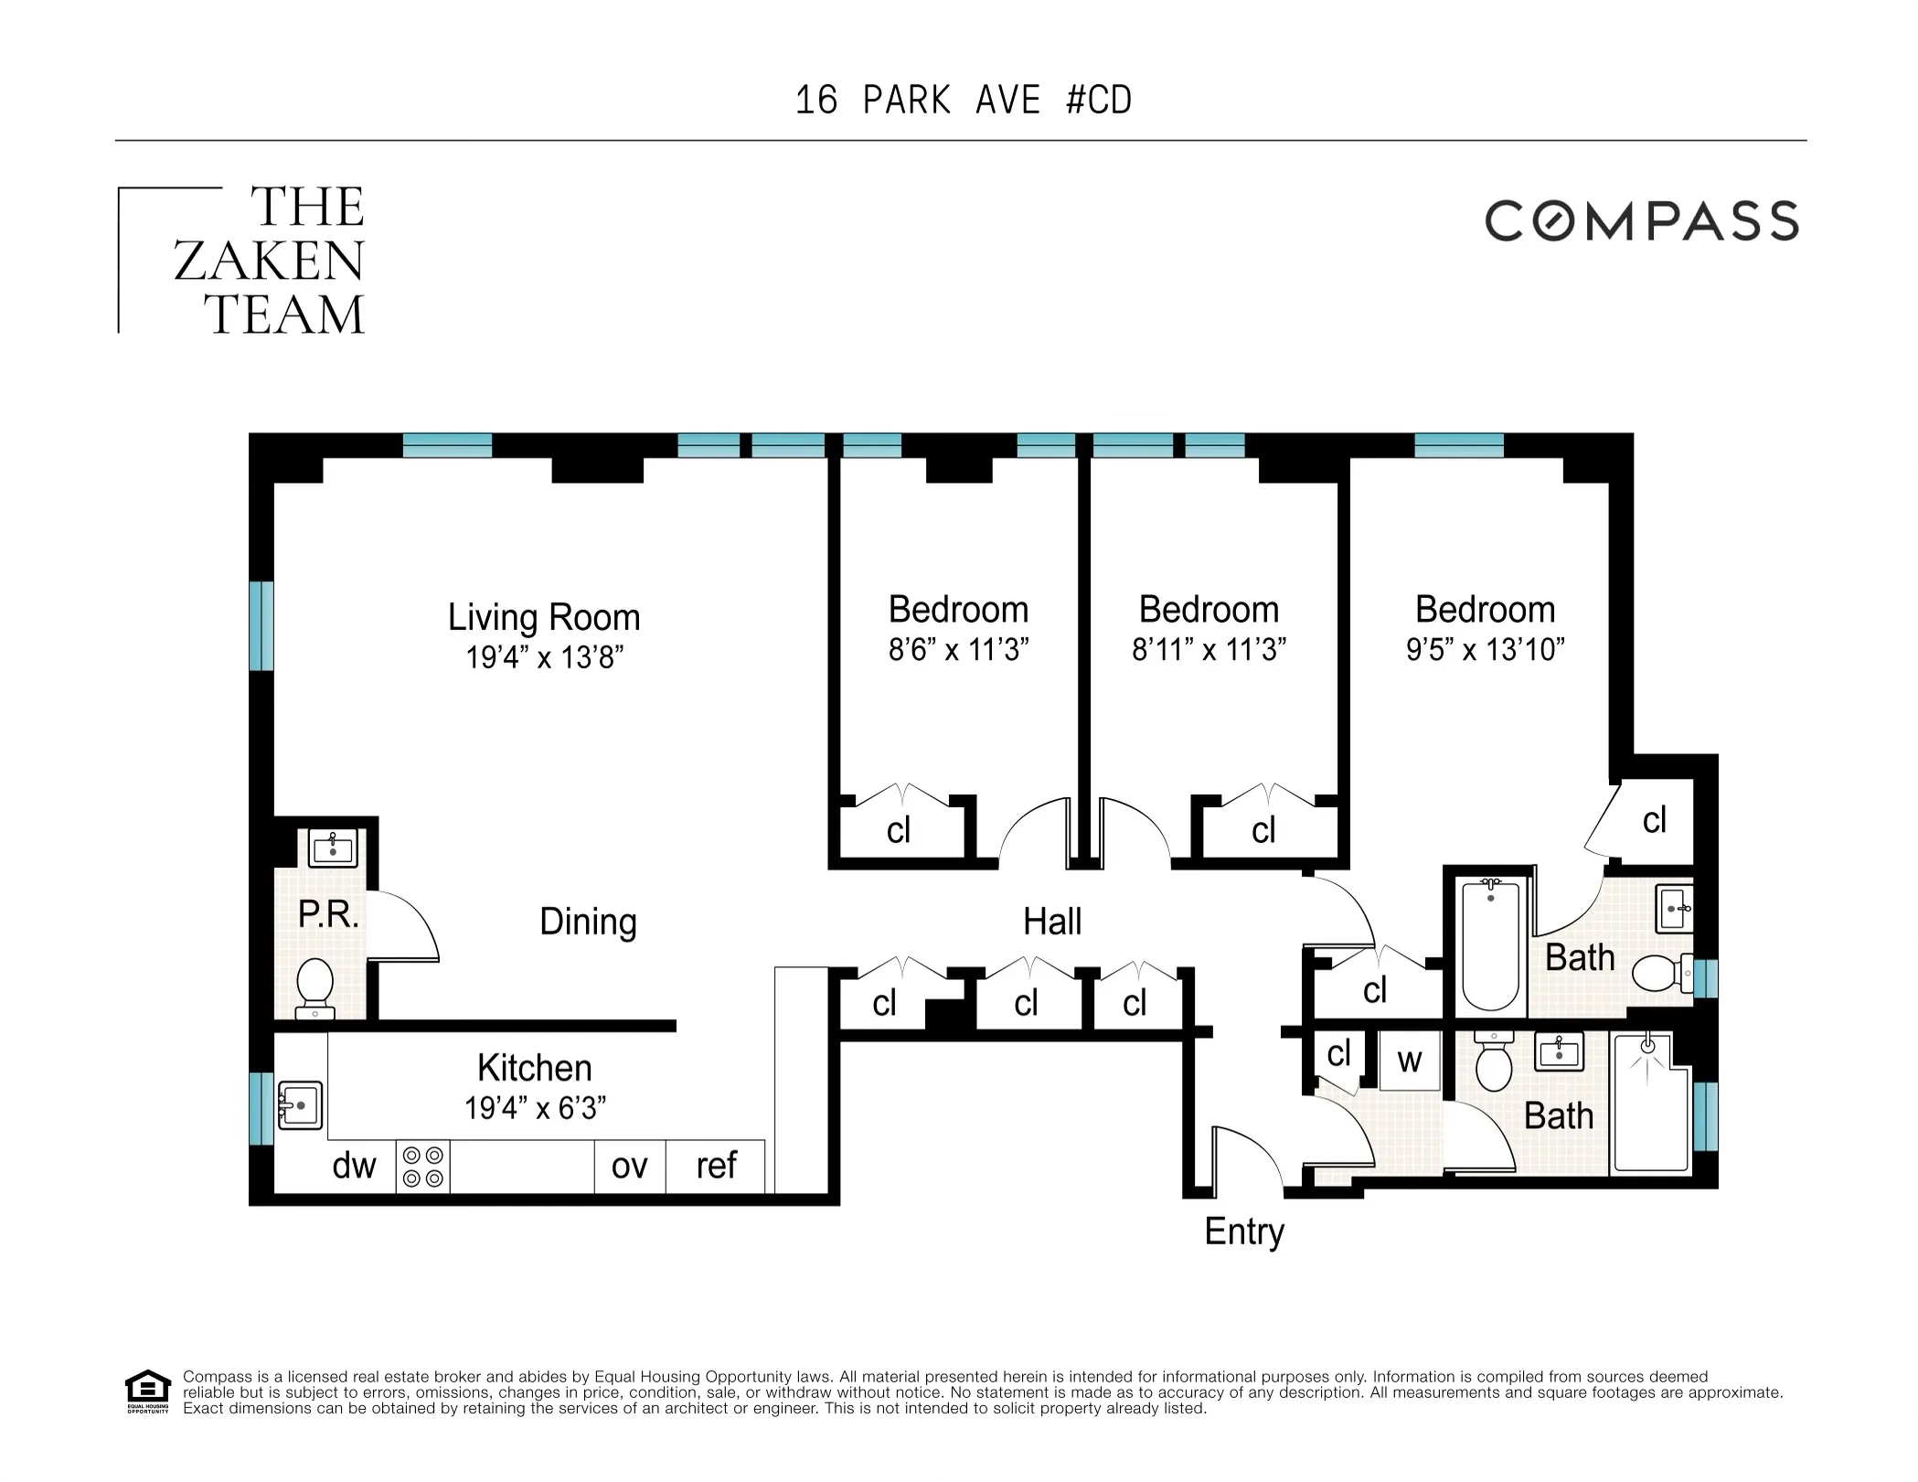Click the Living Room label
[543, 617]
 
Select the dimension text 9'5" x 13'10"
[1485, 650]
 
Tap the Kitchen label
[534, 1068]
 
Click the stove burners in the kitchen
[422, 1167]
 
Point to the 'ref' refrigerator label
[716, 1166]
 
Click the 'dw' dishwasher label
[354, 1166]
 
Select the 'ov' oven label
[629, 1167]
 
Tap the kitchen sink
[300, 1105]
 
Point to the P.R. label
[328, 913]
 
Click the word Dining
[588, 922]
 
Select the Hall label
[1051, 922]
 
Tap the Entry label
[1243, 1231]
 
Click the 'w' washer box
[1409, 1061]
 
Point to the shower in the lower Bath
[1651, 1103]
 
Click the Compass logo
[1641, 221]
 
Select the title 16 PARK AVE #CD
[964, 101]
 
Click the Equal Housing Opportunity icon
[147, 1391]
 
